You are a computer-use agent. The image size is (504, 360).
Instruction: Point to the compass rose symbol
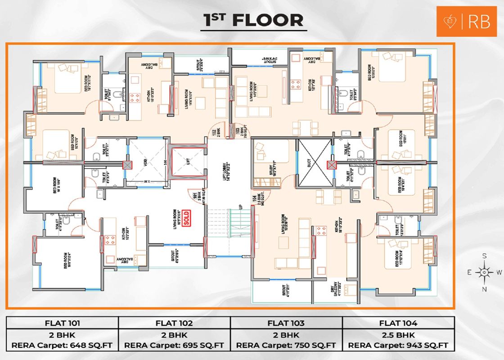click(484, 272)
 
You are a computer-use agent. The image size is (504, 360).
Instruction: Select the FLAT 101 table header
click(62, 323)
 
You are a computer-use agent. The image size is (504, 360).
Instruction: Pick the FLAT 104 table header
click(398, 323)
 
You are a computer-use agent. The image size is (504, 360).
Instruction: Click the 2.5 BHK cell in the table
click(398, 335)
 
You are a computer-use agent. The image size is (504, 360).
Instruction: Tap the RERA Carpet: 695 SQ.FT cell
click(174, 346)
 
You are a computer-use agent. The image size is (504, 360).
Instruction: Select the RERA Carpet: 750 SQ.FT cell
click(286, 346)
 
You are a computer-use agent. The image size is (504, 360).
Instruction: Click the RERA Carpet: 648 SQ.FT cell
click(62, 346)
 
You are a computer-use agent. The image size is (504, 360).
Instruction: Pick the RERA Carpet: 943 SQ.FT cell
click(398, 346)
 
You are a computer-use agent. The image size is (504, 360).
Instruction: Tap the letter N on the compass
click(484, 289)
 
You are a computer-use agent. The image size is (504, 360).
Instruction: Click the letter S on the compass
click(484, 256)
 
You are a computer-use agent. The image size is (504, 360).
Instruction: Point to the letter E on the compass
click(469, 272)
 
